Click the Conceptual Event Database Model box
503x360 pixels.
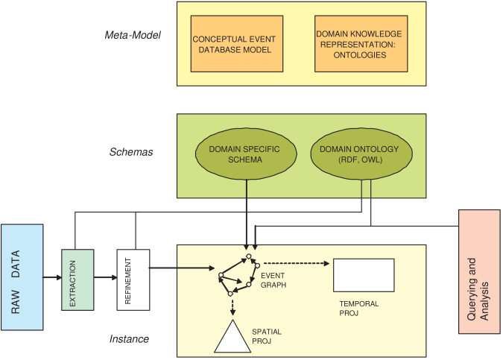pos(237,44)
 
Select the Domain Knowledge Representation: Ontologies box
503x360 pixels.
pos(361,44)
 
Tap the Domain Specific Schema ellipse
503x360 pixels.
pos(246,154)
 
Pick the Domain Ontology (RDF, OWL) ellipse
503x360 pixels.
pos(361,154)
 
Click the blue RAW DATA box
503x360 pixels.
pos(22,277)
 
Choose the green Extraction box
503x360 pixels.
pos(77,280)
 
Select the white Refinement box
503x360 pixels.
pos(133,280)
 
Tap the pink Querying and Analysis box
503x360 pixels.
pos(479,272)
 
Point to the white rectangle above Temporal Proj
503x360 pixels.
pos(364,275)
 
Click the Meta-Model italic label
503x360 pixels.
pos(133,35)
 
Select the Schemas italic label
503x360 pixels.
pos(131,152)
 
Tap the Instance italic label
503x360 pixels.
pos(129,339)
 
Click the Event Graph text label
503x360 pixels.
pos(273,280)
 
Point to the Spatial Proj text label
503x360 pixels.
pos(267,336)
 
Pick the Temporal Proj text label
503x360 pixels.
pos(359,309)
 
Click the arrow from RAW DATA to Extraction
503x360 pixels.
pos(52,277)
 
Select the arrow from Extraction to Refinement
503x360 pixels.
pos(106,277)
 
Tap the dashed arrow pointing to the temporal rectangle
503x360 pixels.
pos(297,263)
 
